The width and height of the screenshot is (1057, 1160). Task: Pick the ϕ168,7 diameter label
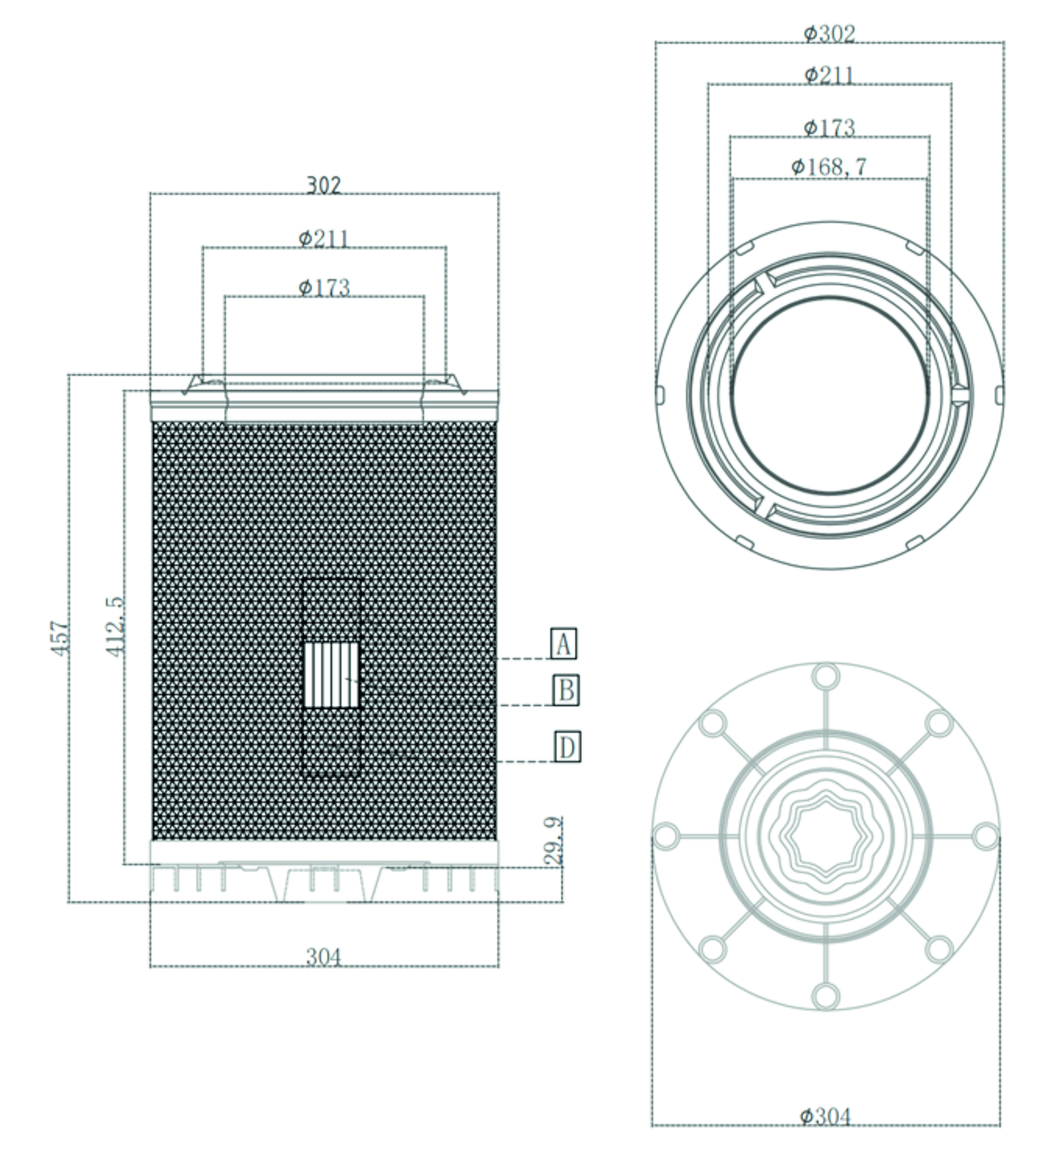[828, 167]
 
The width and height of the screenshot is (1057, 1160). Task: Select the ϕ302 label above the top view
[829, 33]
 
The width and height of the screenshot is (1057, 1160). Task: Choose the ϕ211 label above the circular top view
[829, 75]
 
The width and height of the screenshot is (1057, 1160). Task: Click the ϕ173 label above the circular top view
[829, 127]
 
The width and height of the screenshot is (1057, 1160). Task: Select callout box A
[563, 643]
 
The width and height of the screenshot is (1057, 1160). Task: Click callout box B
[566, 689]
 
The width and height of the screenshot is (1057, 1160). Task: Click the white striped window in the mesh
[331, 675]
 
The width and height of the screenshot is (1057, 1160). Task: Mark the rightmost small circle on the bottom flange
[986, 836]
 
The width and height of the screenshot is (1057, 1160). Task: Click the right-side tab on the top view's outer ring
[999, 395]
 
